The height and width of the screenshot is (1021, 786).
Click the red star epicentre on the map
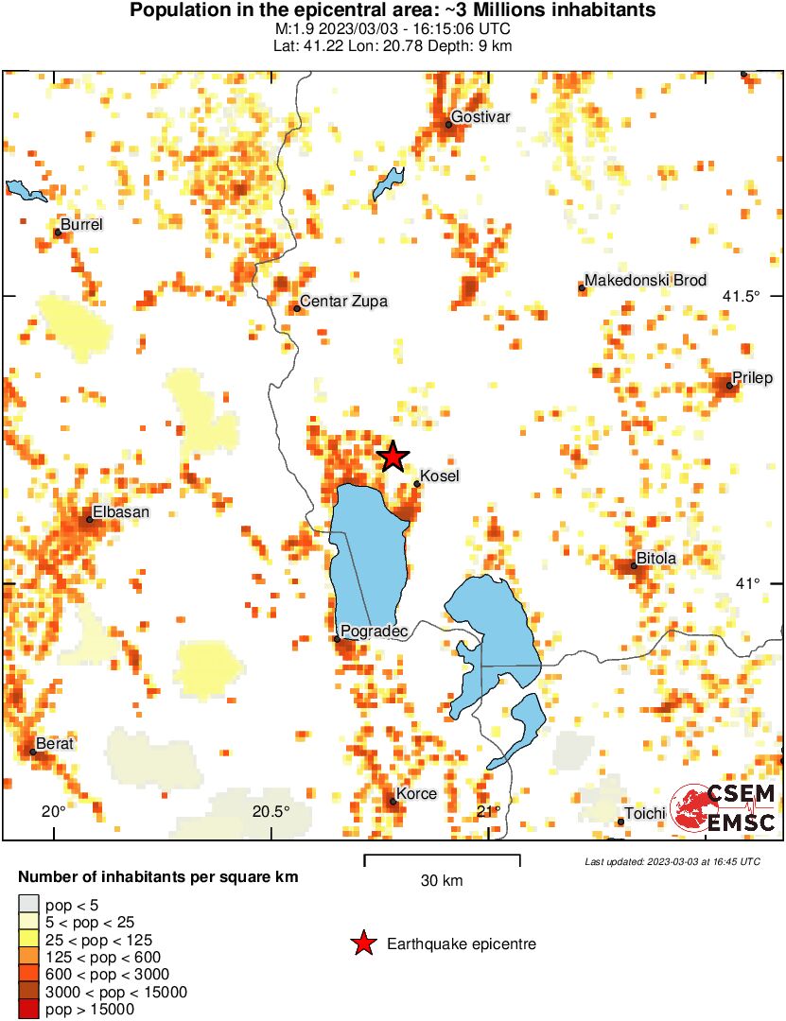[393, 457]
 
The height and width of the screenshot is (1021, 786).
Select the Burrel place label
[81, 224]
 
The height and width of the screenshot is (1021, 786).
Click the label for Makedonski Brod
[645, 281]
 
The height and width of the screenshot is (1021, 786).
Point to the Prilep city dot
[730, 385]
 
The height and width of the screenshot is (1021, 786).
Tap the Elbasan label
[120, 511]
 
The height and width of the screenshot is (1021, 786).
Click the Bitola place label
[655, 559]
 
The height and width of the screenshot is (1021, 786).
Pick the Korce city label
[416, 793]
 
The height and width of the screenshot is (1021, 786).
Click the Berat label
[54, 744]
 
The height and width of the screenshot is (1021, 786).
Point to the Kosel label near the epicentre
[439, 476]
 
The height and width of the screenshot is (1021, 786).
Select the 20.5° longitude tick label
[271, 811]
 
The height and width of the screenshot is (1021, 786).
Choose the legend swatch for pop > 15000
[30, 1009]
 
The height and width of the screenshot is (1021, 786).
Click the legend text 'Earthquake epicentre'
[462, 943]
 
